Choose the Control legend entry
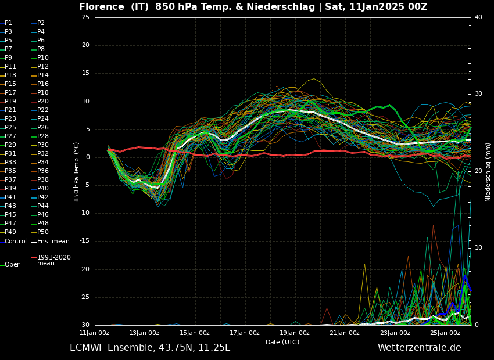[x=15, y=241]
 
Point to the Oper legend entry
[x=12, y=265]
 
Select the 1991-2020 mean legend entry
[x=53, y=260]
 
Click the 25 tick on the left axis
[x=85, y=17]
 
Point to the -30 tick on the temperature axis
[x=84, y=325]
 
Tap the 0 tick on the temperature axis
[x=87, y=157]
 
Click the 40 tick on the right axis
[x=478, y=17]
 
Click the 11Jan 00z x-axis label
[x=94, y=333]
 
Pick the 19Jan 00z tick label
[x=295, y=333]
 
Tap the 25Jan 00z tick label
[x=445, y=333]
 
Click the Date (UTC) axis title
[x=282, y=342]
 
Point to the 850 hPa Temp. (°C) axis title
[x=77, y=172]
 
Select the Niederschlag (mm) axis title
[x=488, y=172]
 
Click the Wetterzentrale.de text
[x=419, y=348]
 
